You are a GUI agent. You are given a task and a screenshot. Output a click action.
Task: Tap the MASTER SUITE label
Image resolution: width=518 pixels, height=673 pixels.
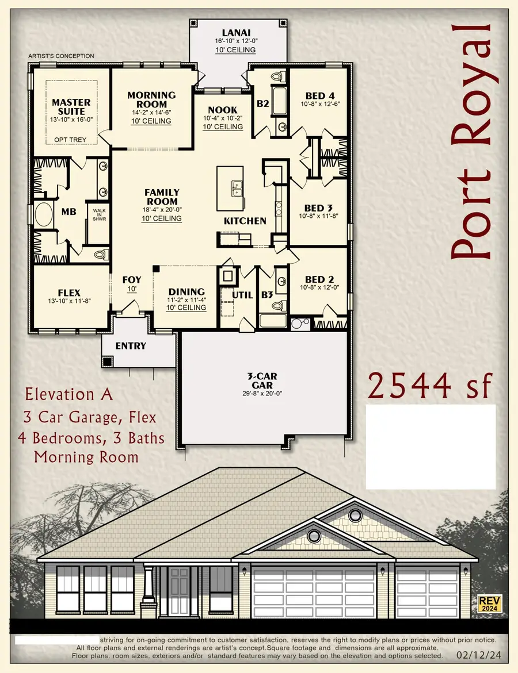(x=71, y=107)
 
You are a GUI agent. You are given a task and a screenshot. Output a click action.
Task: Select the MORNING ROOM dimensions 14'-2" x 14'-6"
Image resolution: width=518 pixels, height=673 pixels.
(x=151, y=113)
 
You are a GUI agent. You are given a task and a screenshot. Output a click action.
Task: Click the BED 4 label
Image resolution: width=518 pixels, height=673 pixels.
(x=320, y=95)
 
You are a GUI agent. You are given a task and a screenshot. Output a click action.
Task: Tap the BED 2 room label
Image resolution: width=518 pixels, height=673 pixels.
(x=320, y=273)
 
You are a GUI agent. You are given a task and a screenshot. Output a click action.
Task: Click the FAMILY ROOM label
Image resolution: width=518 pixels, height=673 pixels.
(x=162, y=197)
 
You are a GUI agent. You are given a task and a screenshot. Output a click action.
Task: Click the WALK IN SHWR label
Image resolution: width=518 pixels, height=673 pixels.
(x=100, y=214)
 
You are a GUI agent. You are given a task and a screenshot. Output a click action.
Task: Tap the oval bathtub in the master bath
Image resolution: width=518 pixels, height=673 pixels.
(x=43, y=216)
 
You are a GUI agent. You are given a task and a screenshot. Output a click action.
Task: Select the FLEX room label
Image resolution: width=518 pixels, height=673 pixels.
(x=69, y=291)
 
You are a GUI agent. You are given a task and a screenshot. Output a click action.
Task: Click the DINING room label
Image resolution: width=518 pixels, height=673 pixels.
(x=186, y=291)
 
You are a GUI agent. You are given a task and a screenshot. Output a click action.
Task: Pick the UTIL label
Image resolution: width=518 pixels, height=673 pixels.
(x=242, y=295)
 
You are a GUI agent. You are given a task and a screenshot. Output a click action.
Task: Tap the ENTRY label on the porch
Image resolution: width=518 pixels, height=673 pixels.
(x=131, y=346)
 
